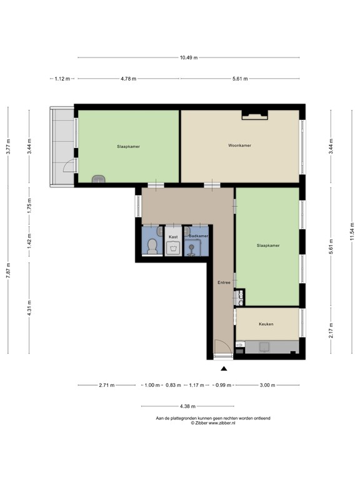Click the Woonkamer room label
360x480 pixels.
click(239, 146)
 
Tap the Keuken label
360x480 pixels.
click(267, 324)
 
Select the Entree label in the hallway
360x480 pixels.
click(224, 282)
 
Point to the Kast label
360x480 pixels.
click(173, 237)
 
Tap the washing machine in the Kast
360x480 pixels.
click(173, 248)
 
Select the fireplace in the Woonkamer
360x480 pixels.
click(254, 114)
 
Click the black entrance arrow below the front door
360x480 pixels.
click(224, 369)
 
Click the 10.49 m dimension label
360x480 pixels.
click(189, 57)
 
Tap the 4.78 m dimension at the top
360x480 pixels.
click(128, 79)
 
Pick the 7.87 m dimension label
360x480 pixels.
click(7, 271)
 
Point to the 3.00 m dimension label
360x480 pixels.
click(267, 385)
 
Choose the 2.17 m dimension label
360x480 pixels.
click(331, 333)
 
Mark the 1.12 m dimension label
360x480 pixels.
click(61, 79)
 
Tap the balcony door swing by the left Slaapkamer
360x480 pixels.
click(67, 167)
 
